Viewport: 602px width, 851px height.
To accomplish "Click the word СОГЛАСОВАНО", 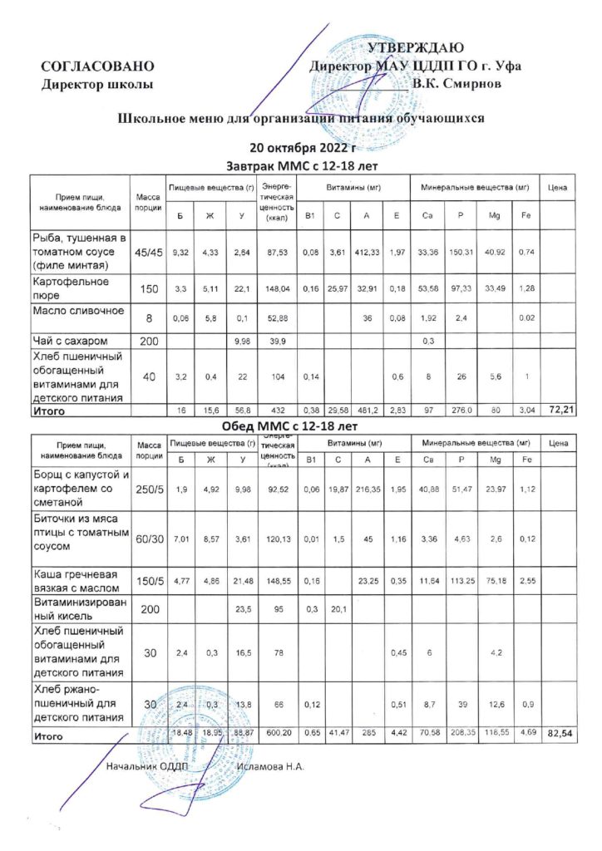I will click(x=98, y=66).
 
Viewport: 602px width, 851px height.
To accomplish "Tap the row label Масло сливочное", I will click(x=77, y=311).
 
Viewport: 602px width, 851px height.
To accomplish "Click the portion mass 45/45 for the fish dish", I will click(x=148, y=252).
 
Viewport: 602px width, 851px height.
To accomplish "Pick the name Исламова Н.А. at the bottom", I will click(x=271, y=765).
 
